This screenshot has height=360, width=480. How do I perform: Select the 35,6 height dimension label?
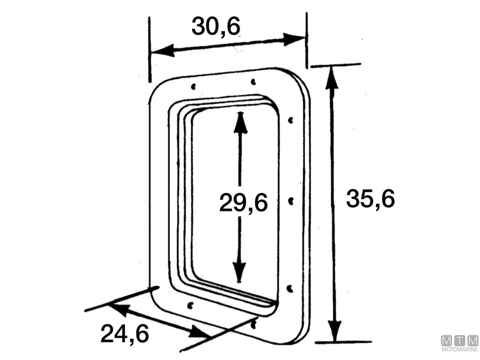coord(370,199)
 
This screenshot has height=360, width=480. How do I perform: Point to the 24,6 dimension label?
coord(125,334)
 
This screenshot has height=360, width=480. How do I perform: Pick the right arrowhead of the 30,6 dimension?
coord(294,39)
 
